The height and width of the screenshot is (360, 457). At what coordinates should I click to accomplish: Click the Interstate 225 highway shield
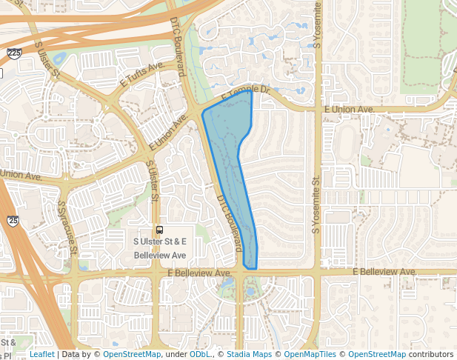pyautogui.click(x=14, y=54)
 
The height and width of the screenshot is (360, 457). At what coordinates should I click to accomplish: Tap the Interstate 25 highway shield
pyautogui.click(x=13, y=220)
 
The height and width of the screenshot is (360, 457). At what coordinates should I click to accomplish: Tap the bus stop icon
pyautogui.click(x=159, y=230)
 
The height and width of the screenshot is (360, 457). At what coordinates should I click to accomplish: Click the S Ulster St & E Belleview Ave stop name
pyautogui.click(x=159, y=248)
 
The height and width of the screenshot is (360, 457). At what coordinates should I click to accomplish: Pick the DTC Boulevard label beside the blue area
pyautogui.click(x=230, y=222)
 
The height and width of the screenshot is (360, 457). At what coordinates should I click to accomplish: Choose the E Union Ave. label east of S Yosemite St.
pyautogui.click(x=350, y=109)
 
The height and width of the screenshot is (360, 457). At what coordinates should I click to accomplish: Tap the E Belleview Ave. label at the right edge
pyautogui.click(x=384, y=272)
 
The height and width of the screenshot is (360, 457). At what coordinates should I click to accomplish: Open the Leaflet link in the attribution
pyautogui.click(x=41, y=355)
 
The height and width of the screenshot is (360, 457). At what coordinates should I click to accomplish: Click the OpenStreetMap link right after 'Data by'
pyautogui.click(x=132, y=355)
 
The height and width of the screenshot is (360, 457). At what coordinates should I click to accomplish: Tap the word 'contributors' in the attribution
pyautogui.click(x=430, y=355)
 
